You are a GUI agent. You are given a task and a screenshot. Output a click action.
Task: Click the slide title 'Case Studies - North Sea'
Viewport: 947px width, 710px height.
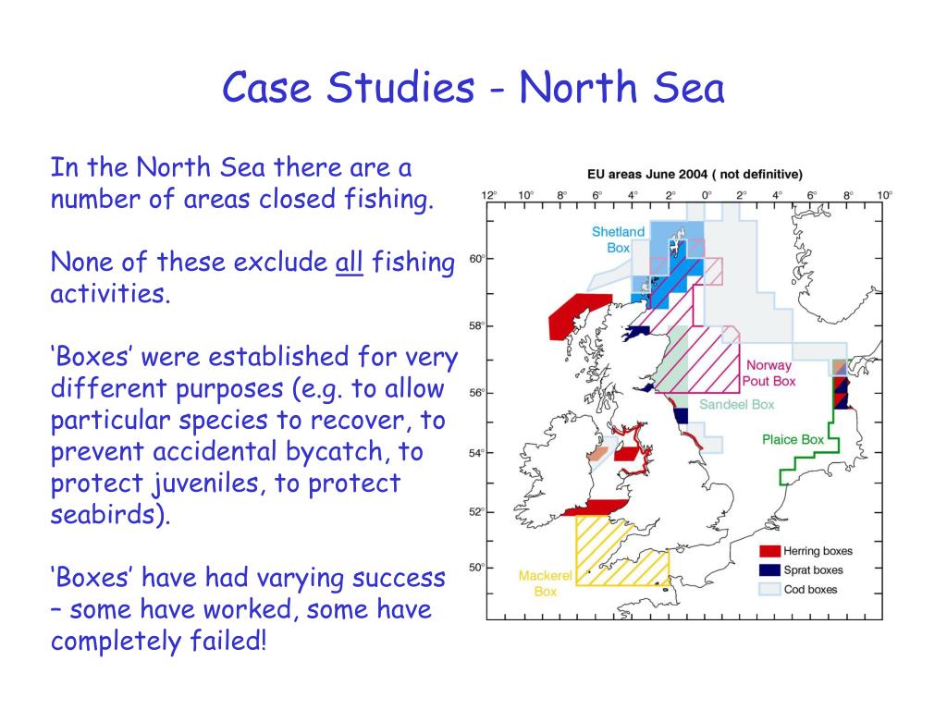tap(473, 89)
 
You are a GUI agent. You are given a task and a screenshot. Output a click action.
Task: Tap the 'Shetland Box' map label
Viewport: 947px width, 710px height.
tap(618, 239)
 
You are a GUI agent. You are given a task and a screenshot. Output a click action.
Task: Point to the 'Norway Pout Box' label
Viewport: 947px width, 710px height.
tap(769, 373)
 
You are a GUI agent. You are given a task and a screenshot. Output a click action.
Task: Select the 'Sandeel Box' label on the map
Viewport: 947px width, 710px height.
tap(736, 404)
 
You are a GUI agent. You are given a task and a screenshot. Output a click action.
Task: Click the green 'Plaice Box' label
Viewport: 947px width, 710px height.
tap(793, 439)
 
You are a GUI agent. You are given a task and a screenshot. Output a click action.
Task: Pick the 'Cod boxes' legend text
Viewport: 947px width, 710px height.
tap(810, 590)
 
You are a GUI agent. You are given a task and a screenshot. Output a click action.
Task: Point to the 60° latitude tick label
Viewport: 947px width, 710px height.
tap(475, 259)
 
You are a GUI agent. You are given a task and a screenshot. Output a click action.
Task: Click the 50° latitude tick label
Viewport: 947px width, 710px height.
tap(475, 568)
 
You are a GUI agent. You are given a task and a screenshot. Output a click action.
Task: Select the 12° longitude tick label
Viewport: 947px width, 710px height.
tap(488, 195)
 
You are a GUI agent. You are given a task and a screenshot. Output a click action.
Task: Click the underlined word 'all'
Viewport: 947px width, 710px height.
tap(349, 263)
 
